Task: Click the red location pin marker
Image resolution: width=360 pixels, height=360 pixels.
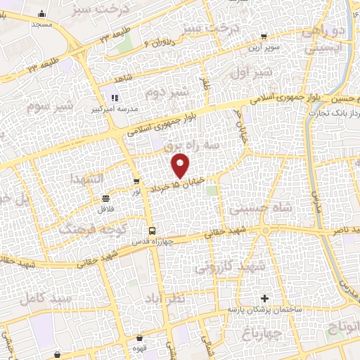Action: [x=181, y=165]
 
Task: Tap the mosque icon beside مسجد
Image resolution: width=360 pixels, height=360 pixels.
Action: [x=42, y=13]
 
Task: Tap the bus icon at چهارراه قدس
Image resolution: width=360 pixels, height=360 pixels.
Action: [x=151, y=231]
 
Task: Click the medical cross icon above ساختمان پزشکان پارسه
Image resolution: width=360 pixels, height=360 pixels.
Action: [x=264, y=299]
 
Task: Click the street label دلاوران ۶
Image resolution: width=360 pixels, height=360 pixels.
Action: [x=153, y=41]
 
